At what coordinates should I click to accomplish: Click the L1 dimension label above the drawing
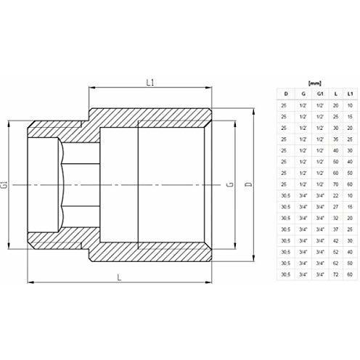[x=150, y=82]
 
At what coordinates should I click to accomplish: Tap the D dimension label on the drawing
[x=249, y=187]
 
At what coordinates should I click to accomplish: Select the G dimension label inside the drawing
[x=229, y=186]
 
